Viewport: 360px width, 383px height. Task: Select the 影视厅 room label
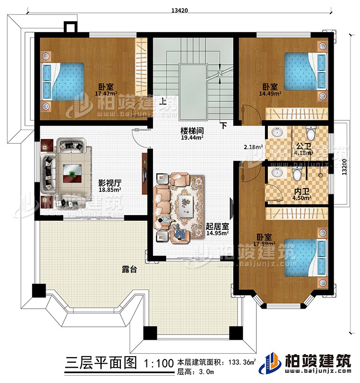tap(109, 182)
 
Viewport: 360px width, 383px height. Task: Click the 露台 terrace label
tap(129, 270)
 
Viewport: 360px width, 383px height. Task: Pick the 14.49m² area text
tap(269, 94)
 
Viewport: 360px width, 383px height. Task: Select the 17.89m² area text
tap(262, 244)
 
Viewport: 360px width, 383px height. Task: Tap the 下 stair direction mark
tap(224, 126)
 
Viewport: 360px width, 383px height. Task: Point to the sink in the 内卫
tap(276, 172)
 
